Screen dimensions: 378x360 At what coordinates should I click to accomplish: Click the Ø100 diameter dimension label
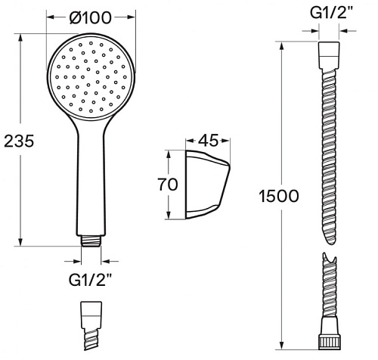click(x=90, y=17)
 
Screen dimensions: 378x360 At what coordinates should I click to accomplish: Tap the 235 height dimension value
click(x=19, y=141)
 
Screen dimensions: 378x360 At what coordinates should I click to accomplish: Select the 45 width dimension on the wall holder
click(x=208, y=141)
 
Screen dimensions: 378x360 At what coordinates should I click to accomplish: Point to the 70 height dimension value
click(x=168, y=185)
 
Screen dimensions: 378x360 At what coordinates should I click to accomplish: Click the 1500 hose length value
click(x=279, y=196)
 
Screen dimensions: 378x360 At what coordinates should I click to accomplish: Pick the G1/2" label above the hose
click(x=329, y=13)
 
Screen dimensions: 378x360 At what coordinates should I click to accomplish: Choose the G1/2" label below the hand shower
click(x=90, y=280)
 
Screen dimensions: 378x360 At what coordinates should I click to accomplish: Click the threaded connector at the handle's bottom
click(x=91, y=241)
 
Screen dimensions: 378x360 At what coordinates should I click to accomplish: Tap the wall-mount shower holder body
click(x=208, y=185)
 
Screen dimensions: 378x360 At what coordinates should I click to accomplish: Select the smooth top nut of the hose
click(x=329, y=55)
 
